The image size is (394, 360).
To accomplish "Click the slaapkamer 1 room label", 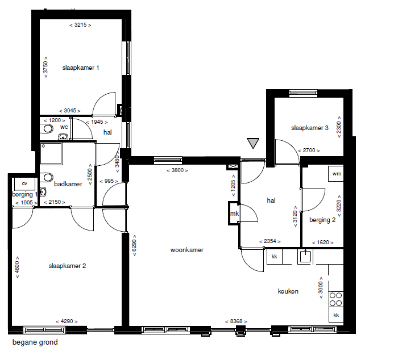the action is pyautogui.click(x=80, y=68).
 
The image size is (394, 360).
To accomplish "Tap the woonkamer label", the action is pyautogui.click(x=186, y=250).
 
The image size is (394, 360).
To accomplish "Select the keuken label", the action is pyautogui.click(x=288, y=291).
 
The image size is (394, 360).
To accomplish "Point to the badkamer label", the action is pyautogui.click(x=68, y=184).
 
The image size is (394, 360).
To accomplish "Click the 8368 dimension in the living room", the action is pyautogui.click(x=236, y=321).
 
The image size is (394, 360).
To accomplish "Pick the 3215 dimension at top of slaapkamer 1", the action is pyautogui.click(x=80, y=25).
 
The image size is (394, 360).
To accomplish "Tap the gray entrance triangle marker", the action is pyautogui.click(x=253, y=143).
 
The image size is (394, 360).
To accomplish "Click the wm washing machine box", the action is pyautogui.click(x=335, y=173).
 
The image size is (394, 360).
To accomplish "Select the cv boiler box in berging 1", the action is pyautogui.click(x=24, y=183).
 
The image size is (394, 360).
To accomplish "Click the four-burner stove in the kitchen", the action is pyautogui.click(x=336, y=299).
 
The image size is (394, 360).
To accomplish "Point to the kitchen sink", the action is pyautogui.click(x=305, y=257).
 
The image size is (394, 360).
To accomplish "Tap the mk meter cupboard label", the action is pyautogui.click(x=234, y=214).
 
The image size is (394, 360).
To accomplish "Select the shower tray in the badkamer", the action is pyautogui.click(x=51, y=154).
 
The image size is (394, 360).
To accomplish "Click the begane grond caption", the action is pyautogui.click(x=35, y=342).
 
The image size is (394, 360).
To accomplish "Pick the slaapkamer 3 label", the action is pyautogui.click(x=309, y=128).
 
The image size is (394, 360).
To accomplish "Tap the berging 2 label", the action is pyautogui.click(x=322, y=220).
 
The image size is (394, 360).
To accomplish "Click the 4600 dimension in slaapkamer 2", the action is pyautogui.click(x=17, y=267).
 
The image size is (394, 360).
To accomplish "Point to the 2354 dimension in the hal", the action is pyautogui.click(x=270, y=241).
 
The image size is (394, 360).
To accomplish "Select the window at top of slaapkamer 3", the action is pyautogui.click(x=303, y=93).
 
